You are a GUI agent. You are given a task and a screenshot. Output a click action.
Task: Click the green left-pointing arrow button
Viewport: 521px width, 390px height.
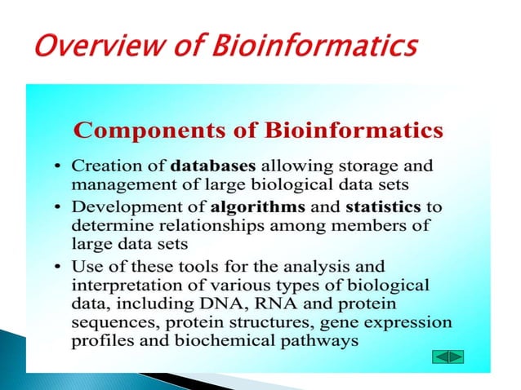[439, 357]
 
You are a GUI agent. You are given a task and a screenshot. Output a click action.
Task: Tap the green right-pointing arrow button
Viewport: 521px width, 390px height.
[456, 357]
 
